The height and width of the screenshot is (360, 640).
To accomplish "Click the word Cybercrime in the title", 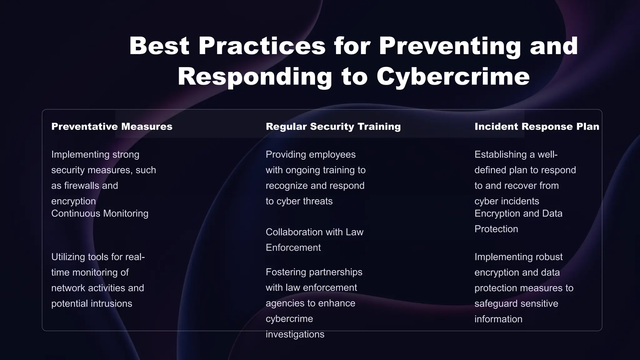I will (x=453, y=77).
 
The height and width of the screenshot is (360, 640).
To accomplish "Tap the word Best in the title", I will (x=159, y=46).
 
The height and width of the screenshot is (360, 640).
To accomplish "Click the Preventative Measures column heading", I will (x=112, y=127).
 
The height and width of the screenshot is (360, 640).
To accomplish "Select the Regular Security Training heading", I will (x=333, y=127).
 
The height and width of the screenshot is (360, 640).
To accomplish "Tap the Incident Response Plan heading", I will (x=537, y=127).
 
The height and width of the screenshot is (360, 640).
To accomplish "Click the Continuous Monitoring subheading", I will (x=100, y=213).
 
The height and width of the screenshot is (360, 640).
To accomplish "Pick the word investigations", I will (x=295, y=334).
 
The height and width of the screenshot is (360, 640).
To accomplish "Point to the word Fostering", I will (x=282, y=272).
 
